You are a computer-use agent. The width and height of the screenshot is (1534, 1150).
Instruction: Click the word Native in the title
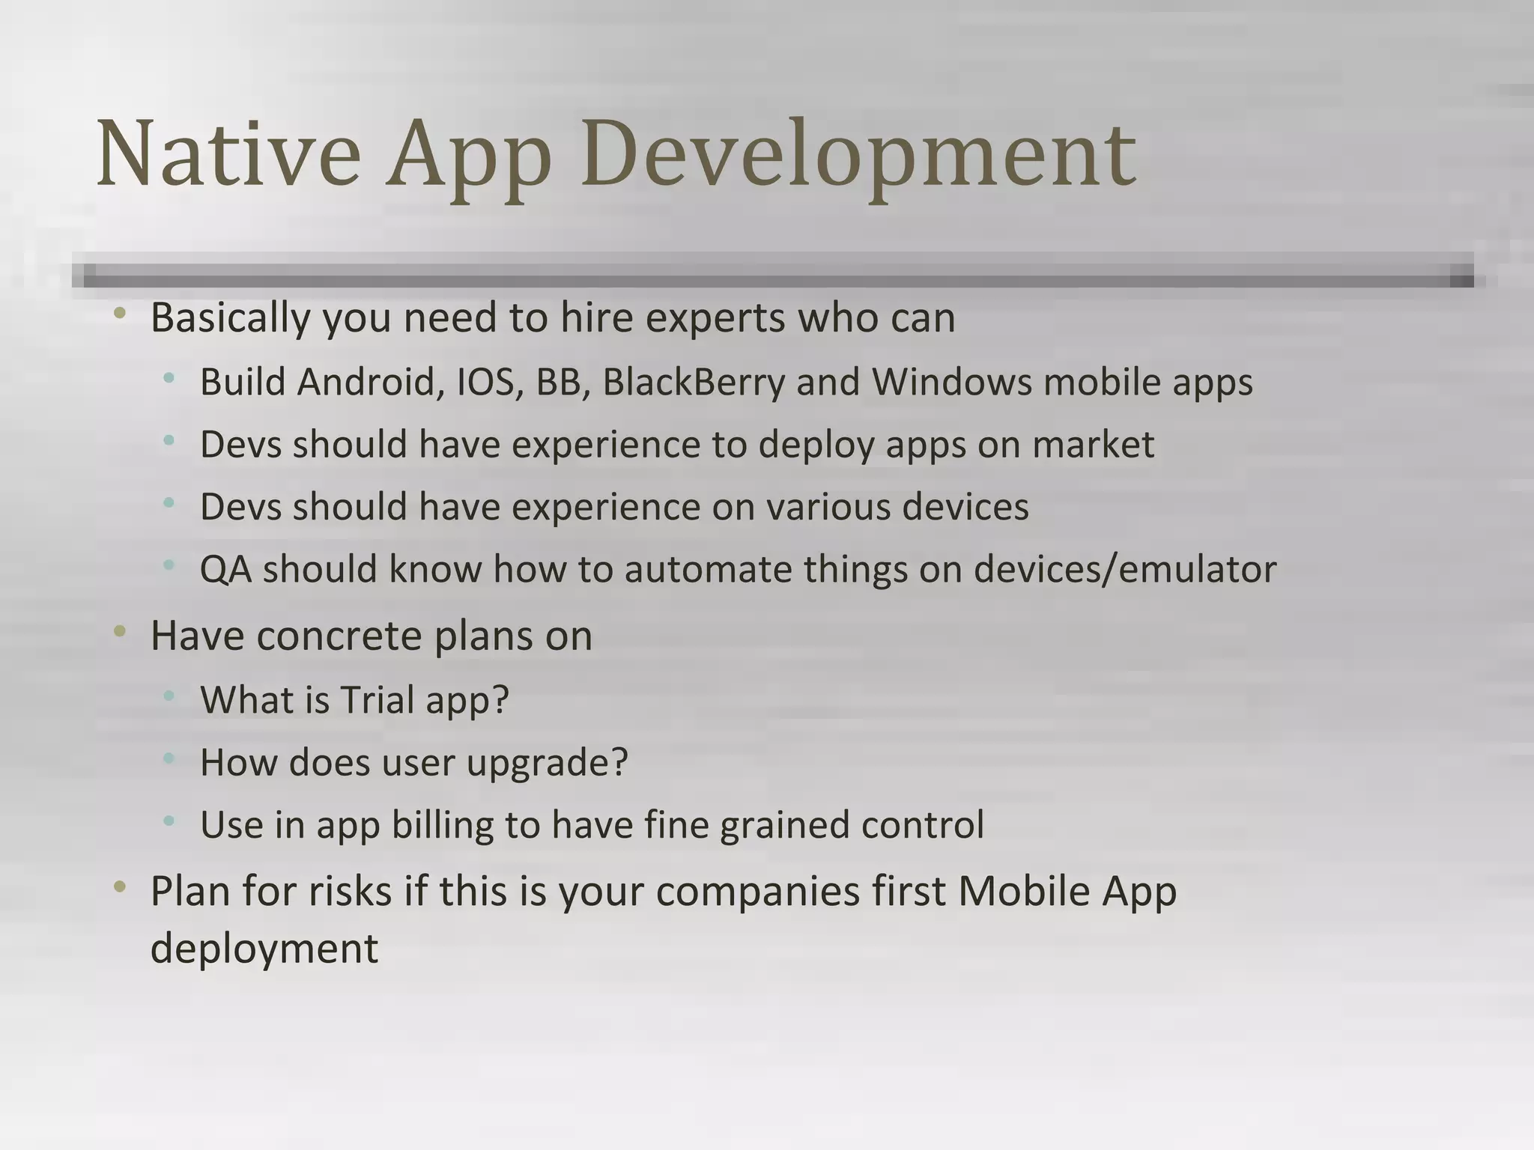pyautogui.click(x=228, y=156)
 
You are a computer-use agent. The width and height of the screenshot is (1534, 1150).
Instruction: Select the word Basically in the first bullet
pyautogui.click(x=230, y=319)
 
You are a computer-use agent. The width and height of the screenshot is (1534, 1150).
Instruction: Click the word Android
pyautogui.click(x=366, y=383)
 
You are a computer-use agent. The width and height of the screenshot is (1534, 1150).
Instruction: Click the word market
pyautogui.click(x=1093, y=445)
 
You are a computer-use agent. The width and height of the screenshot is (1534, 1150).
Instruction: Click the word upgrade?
pyautogui.click(x=547, y=764)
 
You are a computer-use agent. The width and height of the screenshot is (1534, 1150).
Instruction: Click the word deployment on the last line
pyautogui.click(x=264, y=949)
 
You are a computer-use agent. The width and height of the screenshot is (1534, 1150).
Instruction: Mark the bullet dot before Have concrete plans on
pyautogui.click(x=120, y=633)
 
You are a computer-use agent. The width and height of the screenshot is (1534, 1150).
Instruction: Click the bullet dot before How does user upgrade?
pyautogui.click(x=169, y=759)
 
